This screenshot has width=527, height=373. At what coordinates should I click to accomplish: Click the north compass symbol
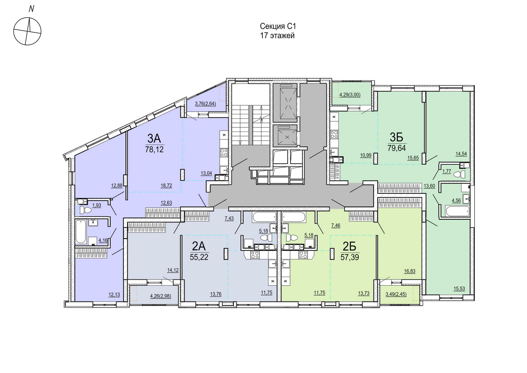pos(27,31)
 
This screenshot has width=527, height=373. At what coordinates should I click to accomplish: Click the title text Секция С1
pos(278,26)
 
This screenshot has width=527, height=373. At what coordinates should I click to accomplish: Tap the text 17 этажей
pos(277,36)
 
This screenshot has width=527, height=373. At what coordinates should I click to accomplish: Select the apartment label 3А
pos(154,138)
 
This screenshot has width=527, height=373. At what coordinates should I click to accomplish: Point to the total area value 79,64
pos(397,148)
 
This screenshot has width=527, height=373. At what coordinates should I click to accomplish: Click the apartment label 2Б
pos(349,247)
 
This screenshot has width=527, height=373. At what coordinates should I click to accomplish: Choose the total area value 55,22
pos(199,257)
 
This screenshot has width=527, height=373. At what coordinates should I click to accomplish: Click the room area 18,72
pos(166,186)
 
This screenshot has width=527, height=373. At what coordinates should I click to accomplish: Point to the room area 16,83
pos(410,271)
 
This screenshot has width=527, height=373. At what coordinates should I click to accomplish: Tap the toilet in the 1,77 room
pos(459,175)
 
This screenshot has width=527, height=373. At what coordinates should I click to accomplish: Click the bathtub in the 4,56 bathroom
pos(457,211)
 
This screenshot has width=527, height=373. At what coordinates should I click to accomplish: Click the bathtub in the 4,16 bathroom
pos(80,231)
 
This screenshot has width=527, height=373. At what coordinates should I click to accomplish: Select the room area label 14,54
pos(461,154)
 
